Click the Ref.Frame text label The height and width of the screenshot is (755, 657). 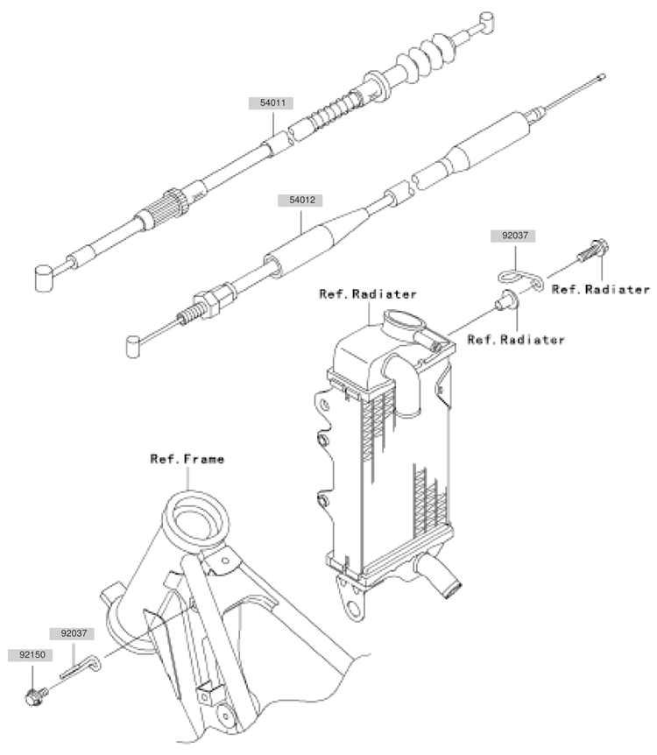tap(187, 458)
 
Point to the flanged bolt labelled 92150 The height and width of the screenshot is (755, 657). tap(34, 697)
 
